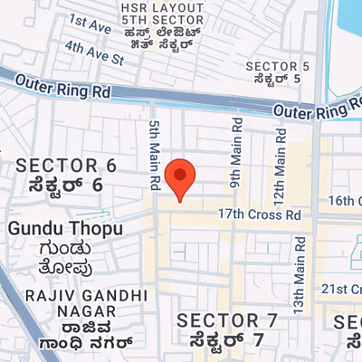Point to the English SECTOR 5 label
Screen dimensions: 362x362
click(x=278, y=66)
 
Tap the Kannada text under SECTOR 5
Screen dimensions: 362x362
click(x=278, y=80)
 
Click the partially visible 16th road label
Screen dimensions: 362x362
click(x=346, y=200)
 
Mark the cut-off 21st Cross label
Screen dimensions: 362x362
click(x=345, y=288)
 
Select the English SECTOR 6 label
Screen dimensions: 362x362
click(x=67, y=166)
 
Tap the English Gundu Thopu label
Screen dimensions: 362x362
click(x=64, y=229)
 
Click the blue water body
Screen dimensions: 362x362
click(x=348, y=27)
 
